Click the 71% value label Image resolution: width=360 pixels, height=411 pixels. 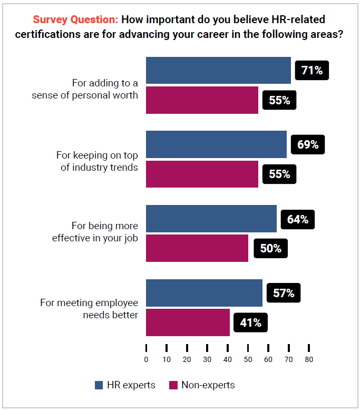pos(312,70)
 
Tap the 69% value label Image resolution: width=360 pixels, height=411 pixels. pos(307,144)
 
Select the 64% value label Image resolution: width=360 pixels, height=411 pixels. pos(297,219)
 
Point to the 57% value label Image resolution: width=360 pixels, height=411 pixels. pos(283,293)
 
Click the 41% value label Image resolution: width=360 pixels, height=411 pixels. pos(250,322)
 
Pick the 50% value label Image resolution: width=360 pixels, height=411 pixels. pos(270,248)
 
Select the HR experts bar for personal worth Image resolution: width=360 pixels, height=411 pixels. pos(218,70)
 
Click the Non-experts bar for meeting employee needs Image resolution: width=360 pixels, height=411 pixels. pos(188,322)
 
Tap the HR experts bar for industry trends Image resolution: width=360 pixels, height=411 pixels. pos(216,144)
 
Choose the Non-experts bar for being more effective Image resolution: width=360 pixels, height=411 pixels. pos(197,248)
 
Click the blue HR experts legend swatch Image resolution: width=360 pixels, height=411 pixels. pos(99,385)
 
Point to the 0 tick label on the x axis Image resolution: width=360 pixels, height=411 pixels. pos(146,360)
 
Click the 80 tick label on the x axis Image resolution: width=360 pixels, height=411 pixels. pos(309,360)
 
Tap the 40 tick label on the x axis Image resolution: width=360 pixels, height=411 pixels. pos(228,360)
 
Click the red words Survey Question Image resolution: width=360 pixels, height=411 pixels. pos(75,20)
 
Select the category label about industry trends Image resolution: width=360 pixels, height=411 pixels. pos(97,161)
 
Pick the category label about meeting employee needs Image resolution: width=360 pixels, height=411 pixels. pos(89,309)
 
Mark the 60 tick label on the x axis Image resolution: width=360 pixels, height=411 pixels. pos(268,360)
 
